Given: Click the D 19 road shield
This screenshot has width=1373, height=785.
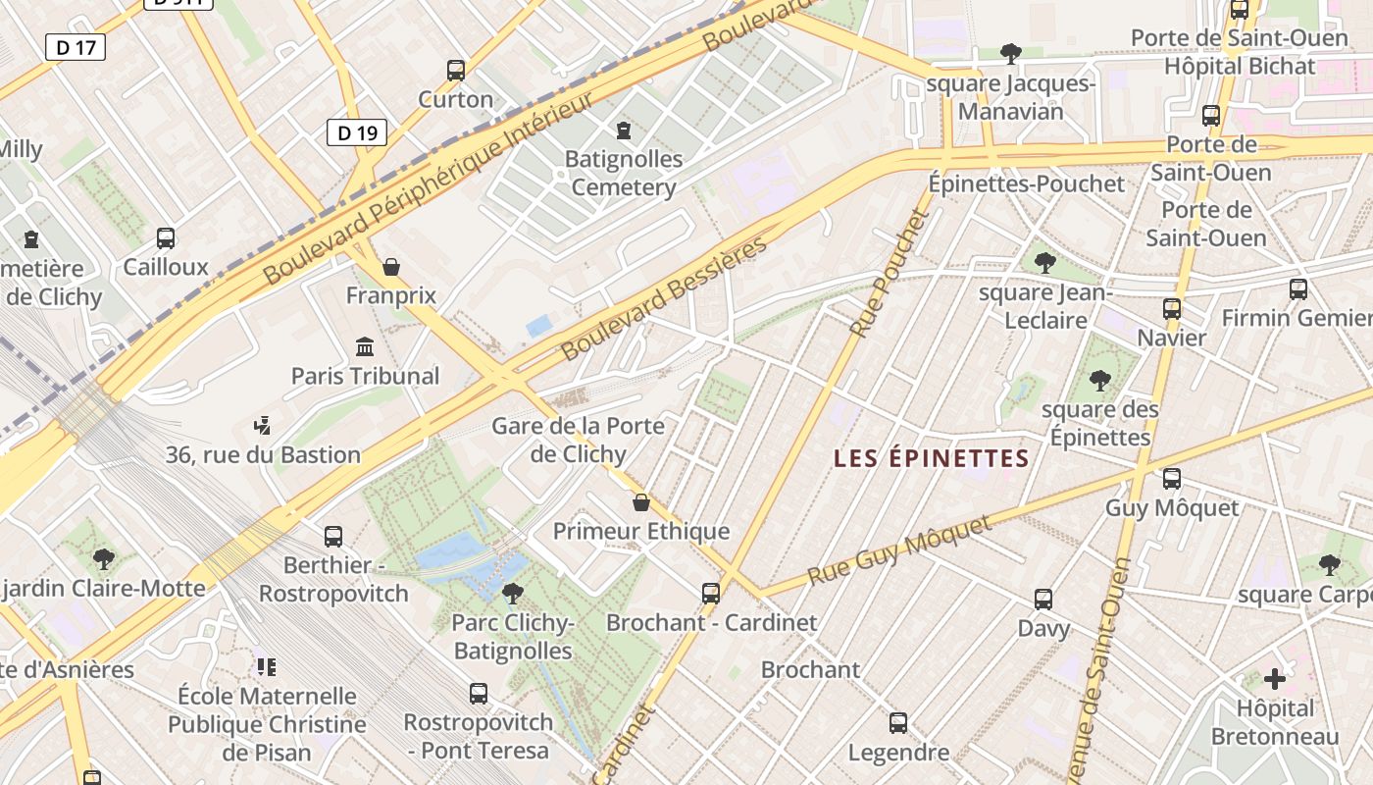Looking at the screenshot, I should pyautogui.click(x=357, y=132).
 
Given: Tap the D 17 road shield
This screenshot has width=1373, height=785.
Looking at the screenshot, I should pyautogui.click(x=76, y=46).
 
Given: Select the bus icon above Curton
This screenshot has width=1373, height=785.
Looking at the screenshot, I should pyautogui.click(x=456, y=71).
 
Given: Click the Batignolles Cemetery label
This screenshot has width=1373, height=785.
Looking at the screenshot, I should pyautogui.click(x=624, y=173).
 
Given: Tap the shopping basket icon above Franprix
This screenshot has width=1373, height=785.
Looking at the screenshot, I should pyautogui.click(x=391, y=267).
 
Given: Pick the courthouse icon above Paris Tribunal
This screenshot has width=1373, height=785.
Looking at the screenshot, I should pyautogui.click(x=366, y=346).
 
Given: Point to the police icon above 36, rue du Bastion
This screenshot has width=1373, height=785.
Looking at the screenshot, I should pyautogui.click(x=262, y=426).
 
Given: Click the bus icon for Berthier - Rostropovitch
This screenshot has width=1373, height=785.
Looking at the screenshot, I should pyautogui.click(x=333, y=537).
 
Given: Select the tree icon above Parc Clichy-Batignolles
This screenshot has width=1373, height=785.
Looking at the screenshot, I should pyautogui.click(x=512, y=593).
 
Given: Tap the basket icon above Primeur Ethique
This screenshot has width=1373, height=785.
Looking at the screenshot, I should pyautogui.click(x=641, y=502).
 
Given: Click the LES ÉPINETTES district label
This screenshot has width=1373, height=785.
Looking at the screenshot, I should pyautogui.click(x=932, y=458).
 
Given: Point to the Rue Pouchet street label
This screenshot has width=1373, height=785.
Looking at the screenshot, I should pyautogui.click(x=889, y=274).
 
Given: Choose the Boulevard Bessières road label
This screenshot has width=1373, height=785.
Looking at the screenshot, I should pyautogui.click(x=664, y=297).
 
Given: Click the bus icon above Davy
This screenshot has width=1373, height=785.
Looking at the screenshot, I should pyautogui.click(x=1043, y=599).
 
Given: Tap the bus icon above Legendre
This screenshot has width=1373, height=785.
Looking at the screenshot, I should pyautogui.click(x=898, y=723).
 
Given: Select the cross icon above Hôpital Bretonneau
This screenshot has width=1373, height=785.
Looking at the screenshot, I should pyautogui.click(x=1275, y=678).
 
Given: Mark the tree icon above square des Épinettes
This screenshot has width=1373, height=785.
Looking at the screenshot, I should pyautogui.click(x=1100, y=380).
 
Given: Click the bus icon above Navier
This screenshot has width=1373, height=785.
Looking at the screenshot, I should pyautogui.click(x=1172, y=309).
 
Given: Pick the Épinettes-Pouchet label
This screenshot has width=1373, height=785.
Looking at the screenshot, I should pyautogui.click(x=1027, y=183).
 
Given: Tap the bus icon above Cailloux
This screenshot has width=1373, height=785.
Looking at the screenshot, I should pyautogui.click(x=166, y=237).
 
